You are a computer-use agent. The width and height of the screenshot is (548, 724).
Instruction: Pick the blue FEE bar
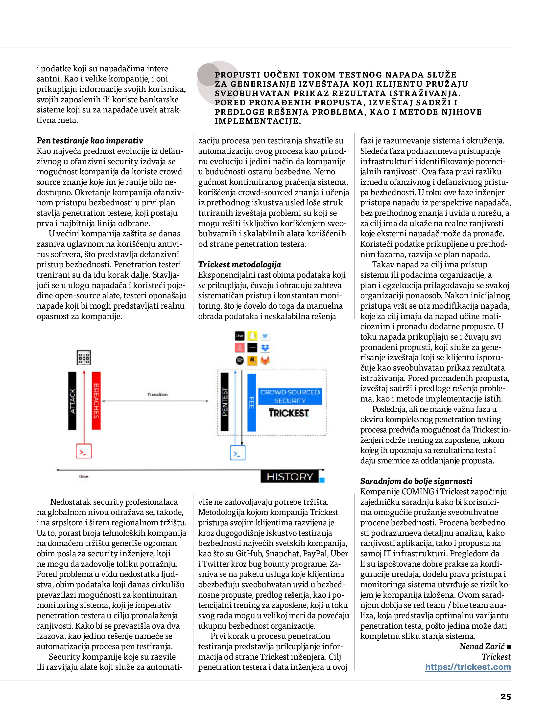pyautogui.click(x=251, y=402)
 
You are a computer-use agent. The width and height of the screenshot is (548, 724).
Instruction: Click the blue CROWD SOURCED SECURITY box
pyautogui.click(x=290, y=396)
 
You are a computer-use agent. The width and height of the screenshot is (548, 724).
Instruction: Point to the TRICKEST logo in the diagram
pyautogui.click(x=289, y=413)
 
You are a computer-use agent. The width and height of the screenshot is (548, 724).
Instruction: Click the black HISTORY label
pyautogui.click(x=290, y=477)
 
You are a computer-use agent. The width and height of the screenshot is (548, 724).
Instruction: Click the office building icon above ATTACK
pyautogui.click(x=84, y=357)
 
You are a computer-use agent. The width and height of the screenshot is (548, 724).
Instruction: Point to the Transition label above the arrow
pyautogui.click(x=157, y=394)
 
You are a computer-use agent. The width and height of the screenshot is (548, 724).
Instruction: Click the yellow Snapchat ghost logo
pyautogui.click(x=252, y=336)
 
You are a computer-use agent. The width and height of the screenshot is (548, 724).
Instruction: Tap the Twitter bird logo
pyautogui.click(x=265, y=336)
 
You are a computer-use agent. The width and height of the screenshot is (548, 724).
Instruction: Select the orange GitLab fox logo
pyautogui.click(x=265, y=360)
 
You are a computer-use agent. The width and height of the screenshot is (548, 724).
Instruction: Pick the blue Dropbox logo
pyautogui.click(x=265, y=348)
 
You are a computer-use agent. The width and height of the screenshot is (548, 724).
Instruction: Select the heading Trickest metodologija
pyautogui.click(x=239, y=265)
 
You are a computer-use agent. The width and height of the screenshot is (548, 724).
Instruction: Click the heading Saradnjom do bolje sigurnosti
pyautogui.click(x=416, y=481)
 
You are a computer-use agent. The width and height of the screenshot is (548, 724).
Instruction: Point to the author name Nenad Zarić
pyautogui.click(x=482, y=646)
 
